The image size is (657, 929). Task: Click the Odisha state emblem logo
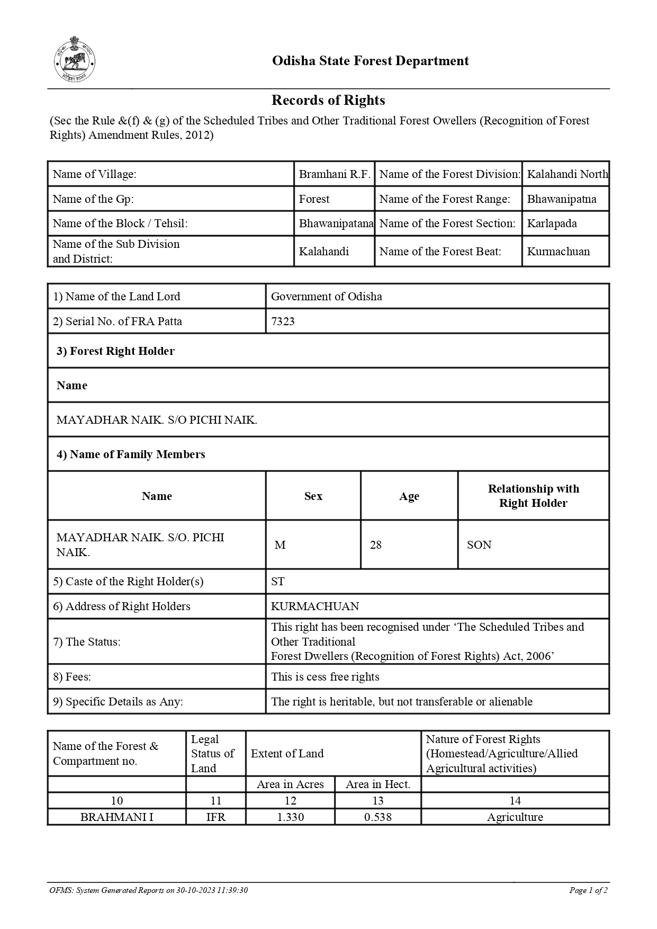(75, 59)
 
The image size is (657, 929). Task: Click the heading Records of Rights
(328, 100)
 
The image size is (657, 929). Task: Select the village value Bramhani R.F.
(334, 174)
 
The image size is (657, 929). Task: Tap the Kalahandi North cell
(567, 174)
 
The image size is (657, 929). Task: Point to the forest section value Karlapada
(552, 224)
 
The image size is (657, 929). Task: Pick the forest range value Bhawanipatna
(561, 199)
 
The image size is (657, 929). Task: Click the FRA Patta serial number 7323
(283, 321)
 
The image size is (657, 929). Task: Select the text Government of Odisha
(326, 297)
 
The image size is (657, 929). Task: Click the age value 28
(376, 545)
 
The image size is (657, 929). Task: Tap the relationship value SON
(479, 545)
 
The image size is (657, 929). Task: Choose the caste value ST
(277, 582)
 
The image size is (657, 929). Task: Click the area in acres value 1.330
(290, 817)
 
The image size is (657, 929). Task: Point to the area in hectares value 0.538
(378, 817)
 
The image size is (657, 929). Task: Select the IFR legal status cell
(215, 817)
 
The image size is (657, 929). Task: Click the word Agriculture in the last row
(515, 817)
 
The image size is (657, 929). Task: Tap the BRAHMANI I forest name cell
(116, 817)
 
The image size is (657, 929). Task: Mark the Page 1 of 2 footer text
(588, 890)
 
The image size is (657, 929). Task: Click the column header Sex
(313, 496)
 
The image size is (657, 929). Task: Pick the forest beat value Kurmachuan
(558, 252)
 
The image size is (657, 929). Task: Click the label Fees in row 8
(72, 677)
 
